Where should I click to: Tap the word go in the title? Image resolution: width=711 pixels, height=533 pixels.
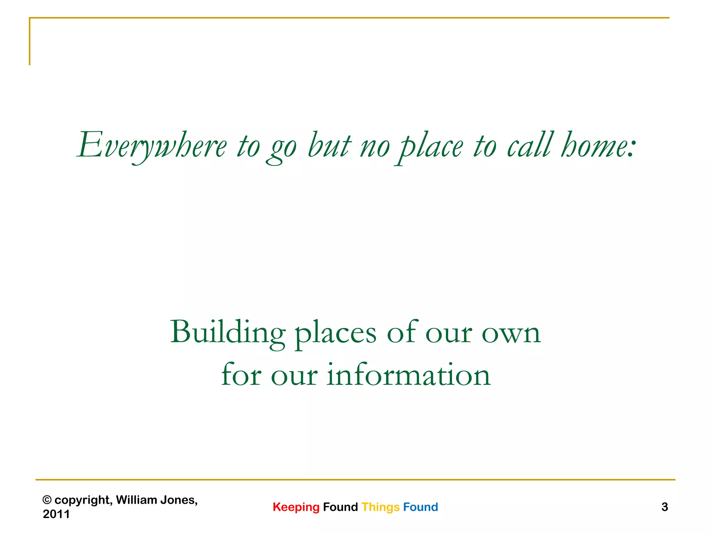tap(282, 147)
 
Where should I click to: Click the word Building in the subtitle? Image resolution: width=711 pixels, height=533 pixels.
tap(228, 332)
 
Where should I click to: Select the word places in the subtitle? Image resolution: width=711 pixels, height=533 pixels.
tap(335, 334)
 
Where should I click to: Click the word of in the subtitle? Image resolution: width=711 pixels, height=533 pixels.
tap(402, 332)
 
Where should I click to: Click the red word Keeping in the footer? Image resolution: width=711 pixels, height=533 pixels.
tap(296, 507)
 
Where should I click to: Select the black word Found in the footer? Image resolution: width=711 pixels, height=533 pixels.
tap(340, 507)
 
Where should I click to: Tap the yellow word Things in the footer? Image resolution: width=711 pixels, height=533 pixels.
tap(380, 507)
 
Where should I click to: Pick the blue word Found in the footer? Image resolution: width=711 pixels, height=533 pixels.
tap(420, 507)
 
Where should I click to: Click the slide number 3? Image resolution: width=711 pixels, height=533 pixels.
tap(664, 507)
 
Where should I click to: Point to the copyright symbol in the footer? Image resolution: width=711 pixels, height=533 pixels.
tap(47, 500)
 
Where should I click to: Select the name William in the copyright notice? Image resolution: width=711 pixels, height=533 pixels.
tap(136, 500)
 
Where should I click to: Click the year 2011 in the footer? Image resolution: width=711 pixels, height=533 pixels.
tap(56, 514)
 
